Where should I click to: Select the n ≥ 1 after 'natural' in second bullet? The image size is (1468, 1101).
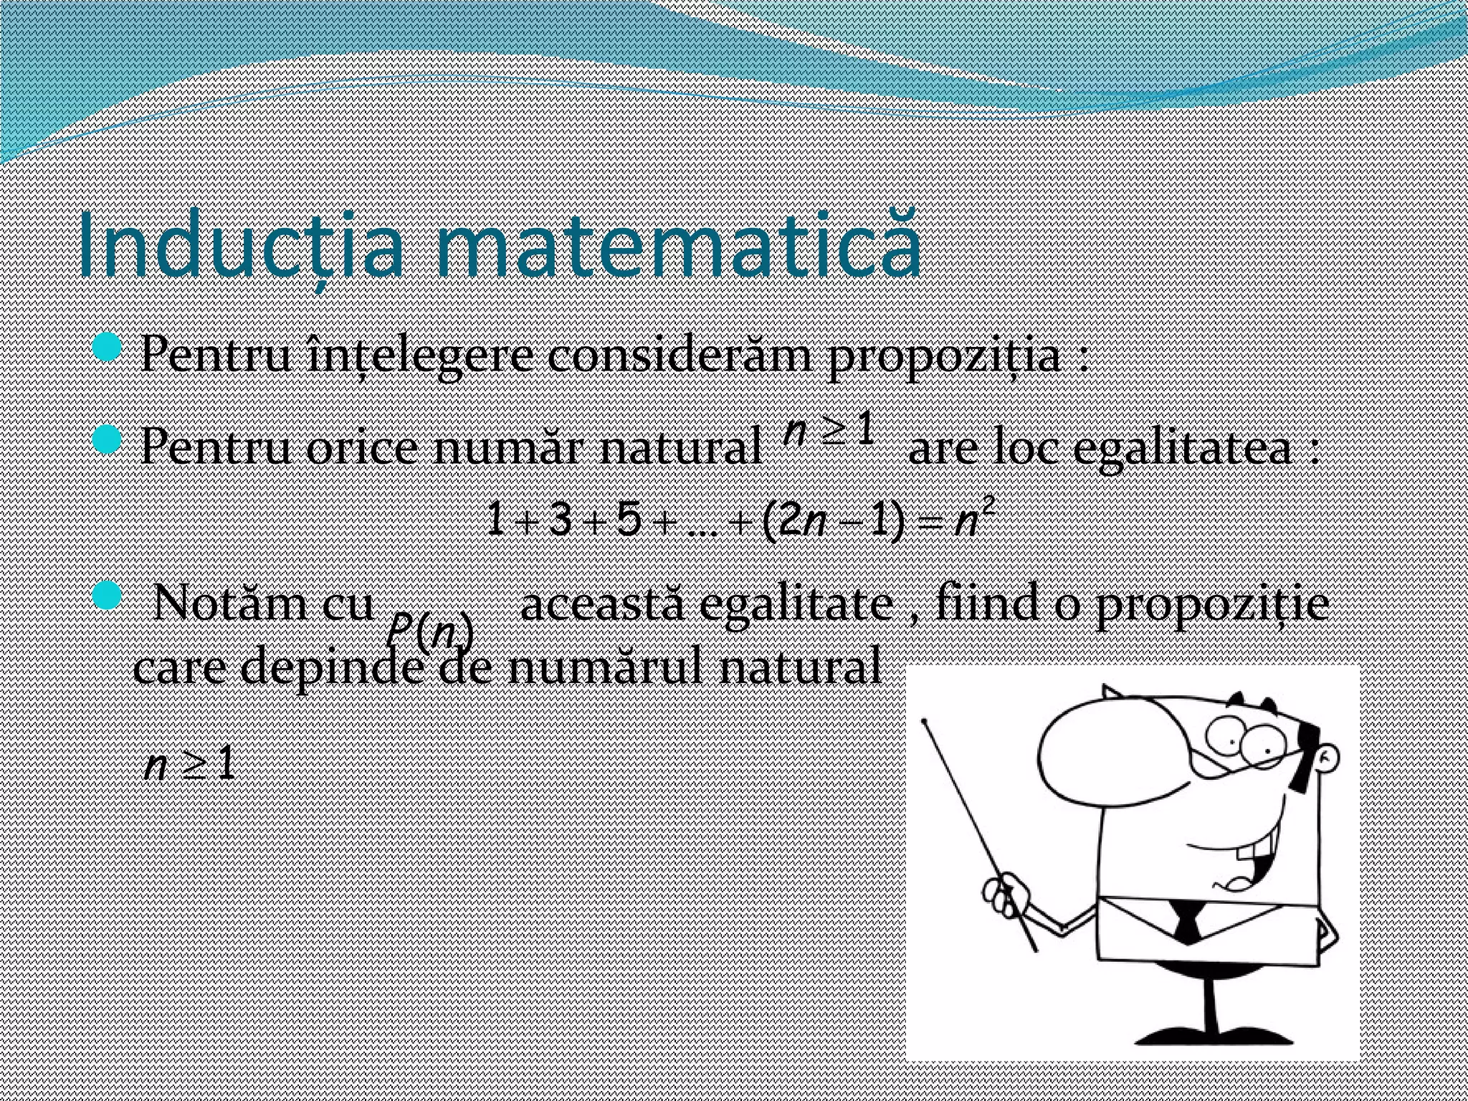[829, 432]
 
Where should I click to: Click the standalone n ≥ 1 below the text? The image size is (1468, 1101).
[190, 766]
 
